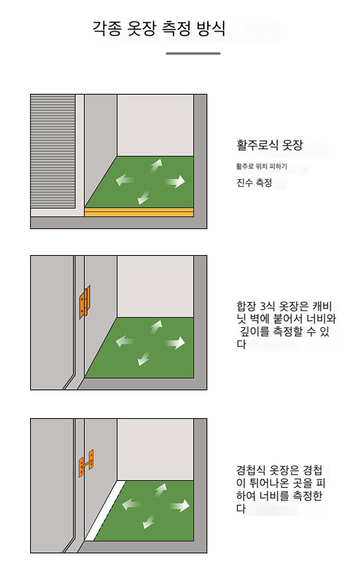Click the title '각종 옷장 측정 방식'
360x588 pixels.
tap(159, 28)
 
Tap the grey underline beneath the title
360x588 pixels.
tap(193, 54)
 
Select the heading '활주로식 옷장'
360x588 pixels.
tap(270, 145)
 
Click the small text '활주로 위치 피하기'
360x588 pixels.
tap(262, 166)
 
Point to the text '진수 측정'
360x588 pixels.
tap(254, 183)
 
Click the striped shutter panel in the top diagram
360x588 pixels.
tap(53, 152)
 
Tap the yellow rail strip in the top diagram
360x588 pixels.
tap(139, 212)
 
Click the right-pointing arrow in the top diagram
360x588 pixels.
tap(175, 181)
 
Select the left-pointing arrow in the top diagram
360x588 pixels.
tap(125, 180)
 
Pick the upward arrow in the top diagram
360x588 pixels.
tap(156, 165)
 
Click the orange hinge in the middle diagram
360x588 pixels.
tap(85, 302)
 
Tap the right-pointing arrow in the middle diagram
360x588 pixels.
tap(175, 343)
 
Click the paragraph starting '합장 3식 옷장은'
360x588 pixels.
tap(286, 325)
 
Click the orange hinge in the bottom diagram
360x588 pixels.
tap(87, 464)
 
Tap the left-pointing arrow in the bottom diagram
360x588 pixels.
tap(132, 504)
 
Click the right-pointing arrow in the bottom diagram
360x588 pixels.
tap(180, 506)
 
